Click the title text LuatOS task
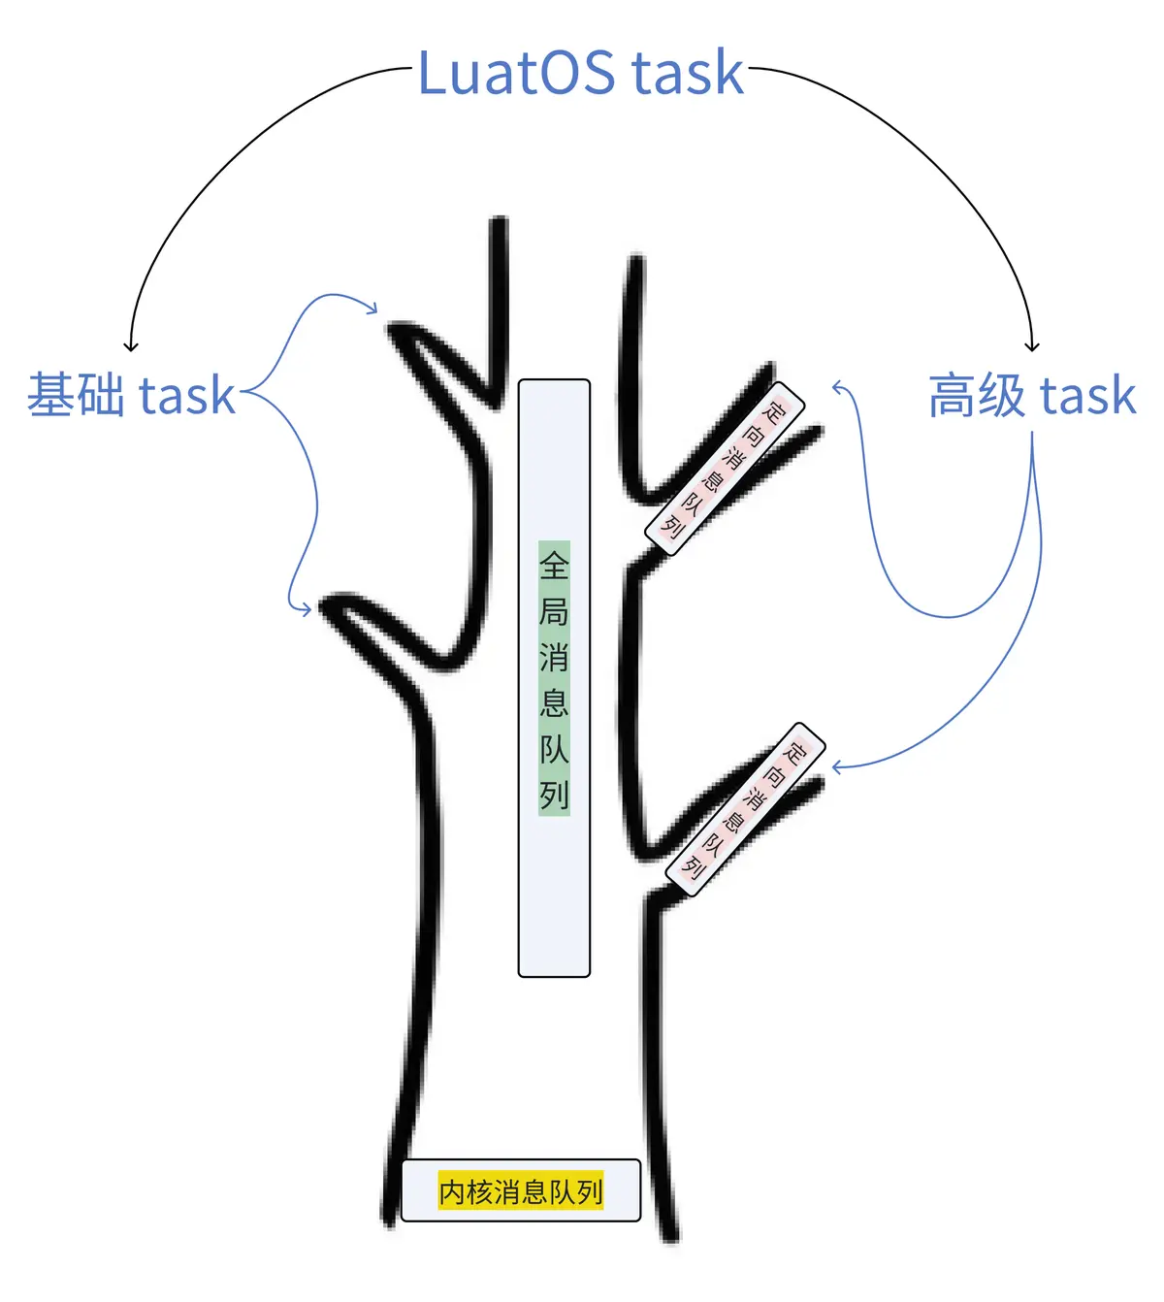580,73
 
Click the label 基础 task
132,395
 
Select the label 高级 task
1031,395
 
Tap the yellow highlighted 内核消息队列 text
521,1190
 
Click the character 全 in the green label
554,565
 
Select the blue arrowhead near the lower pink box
835,767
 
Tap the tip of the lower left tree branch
326,607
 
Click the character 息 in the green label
554,702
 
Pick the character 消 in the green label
554,657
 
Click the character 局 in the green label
554,611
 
